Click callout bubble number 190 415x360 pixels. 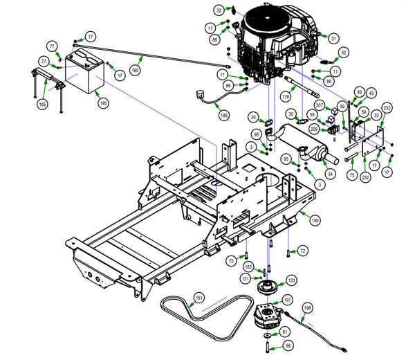point(136,70)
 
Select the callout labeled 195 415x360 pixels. point(104,102)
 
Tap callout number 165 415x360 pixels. point(42,104)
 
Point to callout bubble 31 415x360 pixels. point(334,38)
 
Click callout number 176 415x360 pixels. point(285,97)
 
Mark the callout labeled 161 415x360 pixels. point(199,298)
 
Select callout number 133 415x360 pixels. point(291,280)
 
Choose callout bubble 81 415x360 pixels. point(286,332)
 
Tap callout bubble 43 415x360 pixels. point(371,93)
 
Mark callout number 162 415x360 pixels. point(248,267)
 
